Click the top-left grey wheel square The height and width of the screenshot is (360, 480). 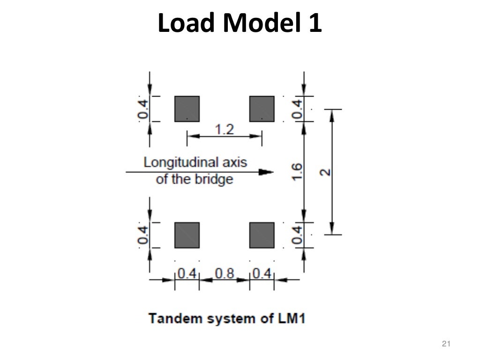pyautogui.click(x=187, y=109)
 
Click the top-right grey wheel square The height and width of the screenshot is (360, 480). pyautogui.click(x=262, y=109)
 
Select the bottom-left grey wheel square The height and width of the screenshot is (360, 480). pyautogui.click(x=187, y=235)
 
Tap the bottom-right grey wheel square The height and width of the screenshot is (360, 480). pyautogui.click(x=262, y=235)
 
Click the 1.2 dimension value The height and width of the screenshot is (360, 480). pyautogui.click(x=224, y=129)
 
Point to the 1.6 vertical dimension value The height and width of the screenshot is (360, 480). pyautogui.click(x=297, y=172)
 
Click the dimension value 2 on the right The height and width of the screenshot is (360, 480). pyautogui.click(x=325, y=172)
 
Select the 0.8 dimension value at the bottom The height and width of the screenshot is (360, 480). pyautogui.click(x=224, y=273)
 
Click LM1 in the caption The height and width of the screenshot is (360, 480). pyautogui.click(x=291, y=319)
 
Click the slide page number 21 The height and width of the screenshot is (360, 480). pyautogui.click(x=446, y=345)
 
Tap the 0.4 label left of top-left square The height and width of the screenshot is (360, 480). pyautogui.click(x=143, y=109)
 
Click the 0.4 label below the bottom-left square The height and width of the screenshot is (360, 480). pyautogui.click(x=187, y=273)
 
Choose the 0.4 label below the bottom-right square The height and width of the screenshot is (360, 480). pyautogui.click(x=262, y=273)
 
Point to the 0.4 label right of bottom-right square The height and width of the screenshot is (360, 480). pyautogui.click(x=297, y=235)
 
